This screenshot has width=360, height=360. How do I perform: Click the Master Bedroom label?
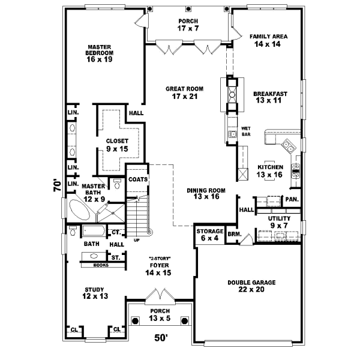(100, 53)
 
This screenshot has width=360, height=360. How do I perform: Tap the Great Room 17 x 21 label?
(184, 92)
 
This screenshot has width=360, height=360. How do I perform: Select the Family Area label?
(268, 40)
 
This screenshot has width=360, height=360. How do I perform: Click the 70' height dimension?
(56, 184)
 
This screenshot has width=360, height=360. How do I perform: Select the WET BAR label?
(245, 131)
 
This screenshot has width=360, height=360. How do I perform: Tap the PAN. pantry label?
(292, 199)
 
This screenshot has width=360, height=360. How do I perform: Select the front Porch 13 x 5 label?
(160, 314)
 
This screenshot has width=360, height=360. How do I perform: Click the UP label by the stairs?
(137, 241)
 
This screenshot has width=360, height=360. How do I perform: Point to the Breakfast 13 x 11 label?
(271, 97)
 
